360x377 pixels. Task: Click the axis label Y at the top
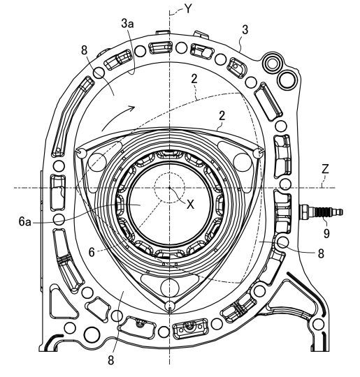189,9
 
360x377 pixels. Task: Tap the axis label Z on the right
325,169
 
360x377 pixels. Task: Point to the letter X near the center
190,205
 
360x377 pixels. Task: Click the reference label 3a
127,24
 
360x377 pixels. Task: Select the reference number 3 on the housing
245,30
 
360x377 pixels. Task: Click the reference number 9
326,233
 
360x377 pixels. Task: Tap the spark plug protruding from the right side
321,212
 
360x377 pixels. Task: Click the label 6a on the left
24,222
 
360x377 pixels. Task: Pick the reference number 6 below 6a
92,252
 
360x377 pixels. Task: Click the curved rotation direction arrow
115,115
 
